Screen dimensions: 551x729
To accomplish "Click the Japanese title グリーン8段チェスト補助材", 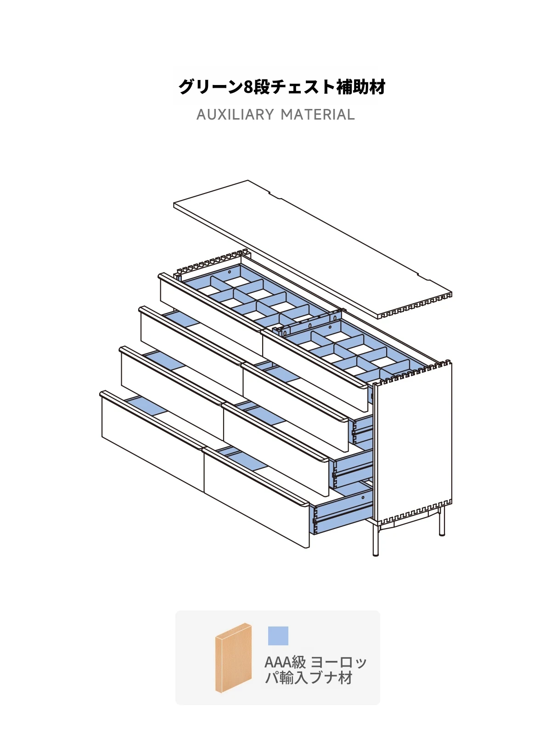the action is click(281, 87).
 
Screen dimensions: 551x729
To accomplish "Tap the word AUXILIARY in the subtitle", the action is click(235, 114).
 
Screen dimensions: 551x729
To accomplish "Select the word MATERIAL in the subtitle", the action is click(317, 114).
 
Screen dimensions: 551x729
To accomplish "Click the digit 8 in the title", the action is click(248, 87).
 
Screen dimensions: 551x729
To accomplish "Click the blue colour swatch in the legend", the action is click(278, 636).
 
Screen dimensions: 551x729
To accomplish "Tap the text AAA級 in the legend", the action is click(285, 662).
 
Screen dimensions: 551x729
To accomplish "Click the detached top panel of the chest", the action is click(313, 249).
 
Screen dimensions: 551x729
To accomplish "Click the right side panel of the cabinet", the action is click(413, 442).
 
